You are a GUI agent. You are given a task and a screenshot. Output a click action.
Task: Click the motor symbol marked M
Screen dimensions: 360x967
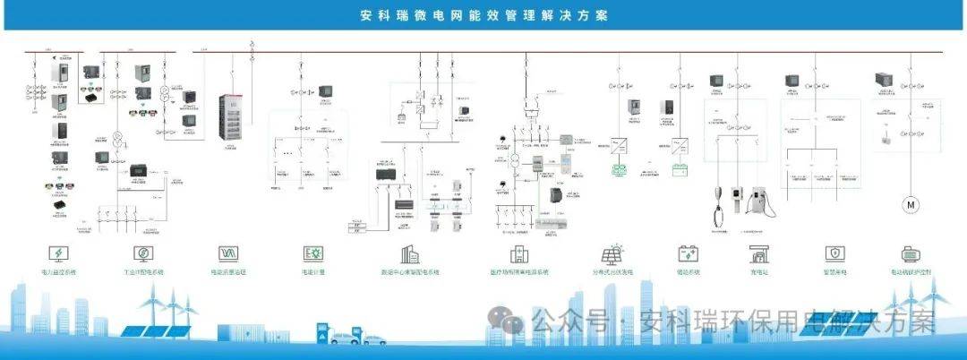coord(912,204)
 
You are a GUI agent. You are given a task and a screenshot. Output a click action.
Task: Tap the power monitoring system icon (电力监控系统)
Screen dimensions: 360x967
coord(59,253)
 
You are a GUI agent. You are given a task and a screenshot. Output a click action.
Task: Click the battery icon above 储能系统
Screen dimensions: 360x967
coord(688,253)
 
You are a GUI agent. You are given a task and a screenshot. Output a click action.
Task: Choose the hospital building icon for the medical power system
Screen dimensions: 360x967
coord(518,253)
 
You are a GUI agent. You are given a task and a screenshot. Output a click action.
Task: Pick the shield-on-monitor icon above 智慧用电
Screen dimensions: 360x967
coord(834,253)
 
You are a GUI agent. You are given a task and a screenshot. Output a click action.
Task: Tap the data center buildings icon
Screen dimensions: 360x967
coord(409,253)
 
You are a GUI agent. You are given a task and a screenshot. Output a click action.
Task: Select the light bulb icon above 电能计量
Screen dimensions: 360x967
coord(312,253)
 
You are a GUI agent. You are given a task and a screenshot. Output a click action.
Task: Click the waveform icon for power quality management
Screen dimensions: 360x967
coord(227,253)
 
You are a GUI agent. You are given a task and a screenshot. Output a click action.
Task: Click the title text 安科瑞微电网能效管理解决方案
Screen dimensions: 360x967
coord(483,16)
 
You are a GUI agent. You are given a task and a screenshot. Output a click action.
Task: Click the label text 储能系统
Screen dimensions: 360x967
coord(688,270)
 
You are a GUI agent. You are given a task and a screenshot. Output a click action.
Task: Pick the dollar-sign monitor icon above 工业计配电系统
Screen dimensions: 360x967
coord(143,253)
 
